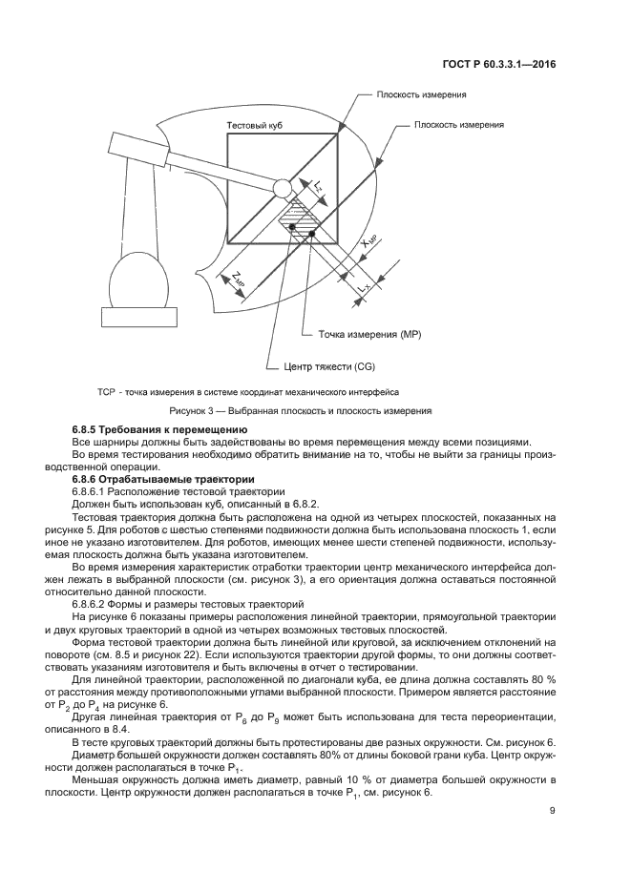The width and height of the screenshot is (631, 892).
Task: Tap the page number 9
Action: pyautogui.click(x=553, y=812)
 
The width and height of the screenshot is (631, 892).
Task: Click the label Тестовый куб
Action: pyautogui.click(x=254, y=126)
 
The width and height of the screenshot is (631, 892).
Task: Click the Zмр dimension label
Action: pyautogui.click(x=237, y=278)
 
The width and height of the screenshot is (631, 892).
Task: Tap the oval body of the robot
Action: pyautogui.click(x=139, y=281)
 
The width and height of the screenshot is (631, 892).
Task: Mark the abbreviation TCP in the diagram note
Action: pyautogui.click(x=106, y=391)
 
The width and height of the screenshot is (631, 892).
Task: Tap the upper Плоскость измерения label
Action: pyautogui.click(x=420, y=95)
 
